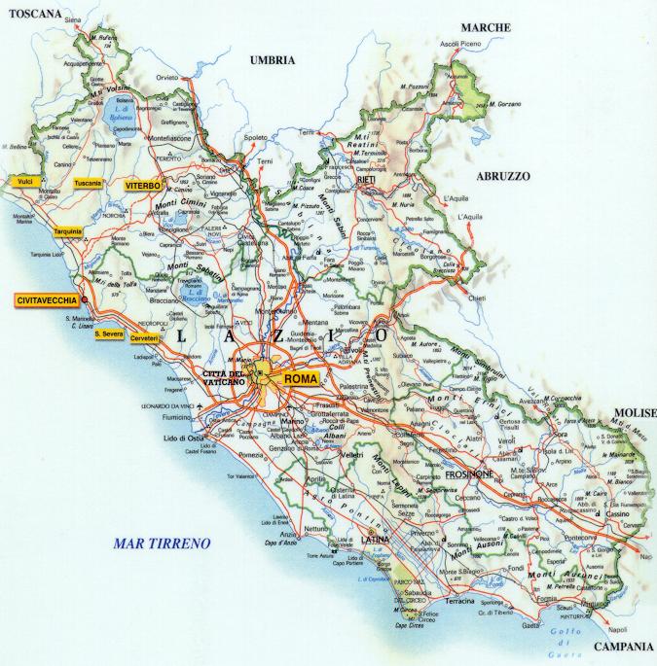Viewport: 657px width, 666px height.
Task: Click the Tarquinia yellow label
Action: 68,231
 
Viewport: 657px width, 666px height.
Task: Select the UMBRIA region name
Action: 272,60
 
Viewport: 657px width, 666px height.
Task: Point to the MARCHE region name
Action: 486,27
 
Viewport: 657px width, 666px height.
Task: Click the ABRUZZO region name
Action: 502,176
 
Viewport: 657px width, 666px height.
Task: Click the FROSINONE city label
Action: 470,473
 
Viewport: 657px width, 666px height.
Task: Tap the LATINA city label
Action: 375,540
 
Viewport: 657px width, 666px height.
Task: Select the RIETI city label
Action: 367,180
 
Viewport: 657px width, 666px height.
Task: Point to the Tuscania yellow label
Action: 88,183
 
